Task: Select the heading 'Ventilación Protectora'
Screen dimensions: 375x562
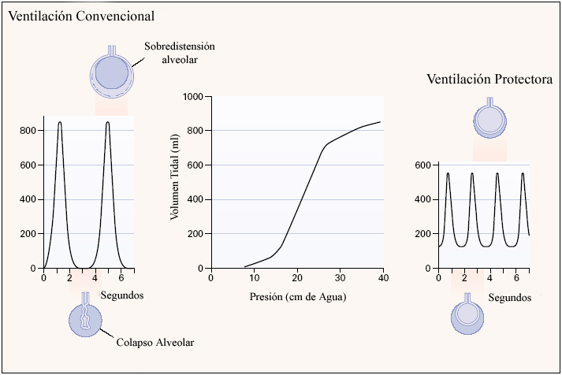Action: tap(489, 80)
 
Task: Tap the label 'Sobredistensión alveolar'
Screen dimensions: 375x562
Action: tap(179, 53)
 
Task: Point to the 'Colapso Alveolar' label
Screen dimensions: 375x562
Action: tap(154, 343)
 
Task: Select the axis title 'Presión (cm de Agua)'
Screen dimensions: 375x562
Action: tap(297, 297)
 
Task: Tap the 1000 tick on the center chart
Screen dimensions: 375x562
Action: tap(192, 97)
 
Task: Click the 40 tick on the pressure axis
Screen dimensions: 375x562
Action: tap(382, 278)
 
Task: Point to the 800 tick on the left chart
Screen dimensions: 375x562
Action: tap(28, 131)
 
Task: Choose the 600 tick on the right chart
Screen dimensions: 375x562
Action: tap(422, 165)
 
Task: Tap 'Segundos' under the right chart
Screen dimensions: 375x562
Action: tap(509, 299)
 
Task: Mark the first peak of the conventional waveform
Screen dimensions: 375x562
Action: tap(60, 123)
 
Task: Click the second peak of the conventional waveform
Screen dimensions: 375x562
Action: tap(107, 123)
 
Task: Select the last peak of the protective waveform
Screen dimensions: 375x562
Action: tap(522, 173)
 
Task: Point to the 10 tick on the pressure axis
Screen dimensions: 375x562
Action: tap(254, 278)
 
